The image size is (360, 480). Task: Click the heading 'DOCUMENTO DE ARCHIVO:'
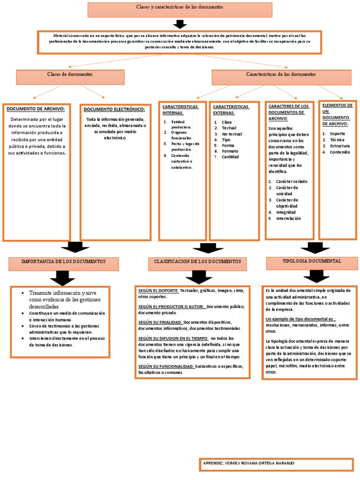click(x=36, y=109)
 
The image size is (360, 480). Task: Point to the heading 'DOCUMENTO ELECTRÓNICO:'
click(x=114, y=109)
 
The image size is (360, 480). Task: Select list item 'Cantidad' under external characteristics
click(x=230, y=157)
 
